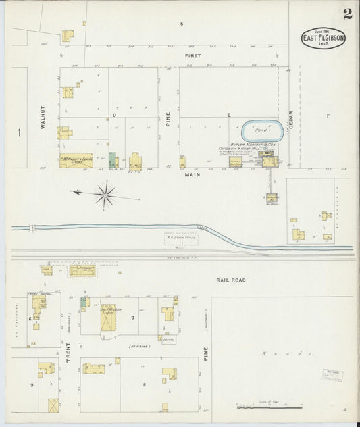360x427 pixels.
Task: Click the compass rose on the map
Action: [x=105, y=197]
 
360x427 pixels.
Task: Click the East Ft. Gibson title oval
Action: [x=324, y=39]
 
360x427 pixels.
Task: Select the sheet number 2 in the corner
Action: [x=347, y=14]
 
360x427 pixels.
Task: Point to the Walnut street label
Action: [x=43, y=117]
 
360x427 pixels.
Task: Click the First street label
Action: [x=194, y=55]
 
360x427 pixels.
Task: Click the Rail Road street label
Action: [x=232, y=280]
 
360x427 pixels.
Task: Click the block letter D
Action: [x=115, y=116]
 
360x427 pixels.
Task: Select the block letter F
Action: [x=328, y=116]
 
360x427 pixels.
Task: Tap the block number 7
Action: [x=133, y=317]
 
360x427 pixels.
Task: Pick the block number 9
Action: [x=32, y=384]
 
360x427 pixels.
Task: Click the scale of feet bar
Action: [x=269, y=407]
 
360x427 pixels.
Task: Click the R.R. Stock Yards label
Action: [x=163, y=238]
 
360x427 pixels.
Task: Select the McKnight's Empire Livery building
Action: [x=76, y=161]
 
